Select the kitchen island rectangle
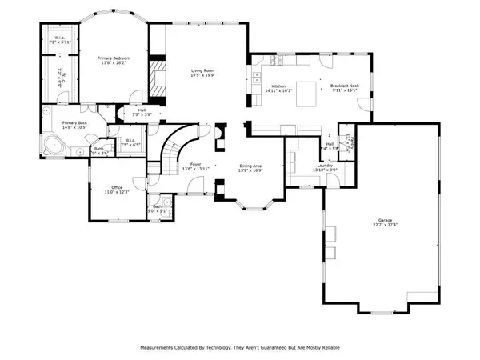tap(306, 87)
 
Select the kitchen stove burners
tap(275, 62)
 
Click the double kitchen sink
tap(258, 78)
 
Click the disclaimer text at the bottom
tap(239, 348)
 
